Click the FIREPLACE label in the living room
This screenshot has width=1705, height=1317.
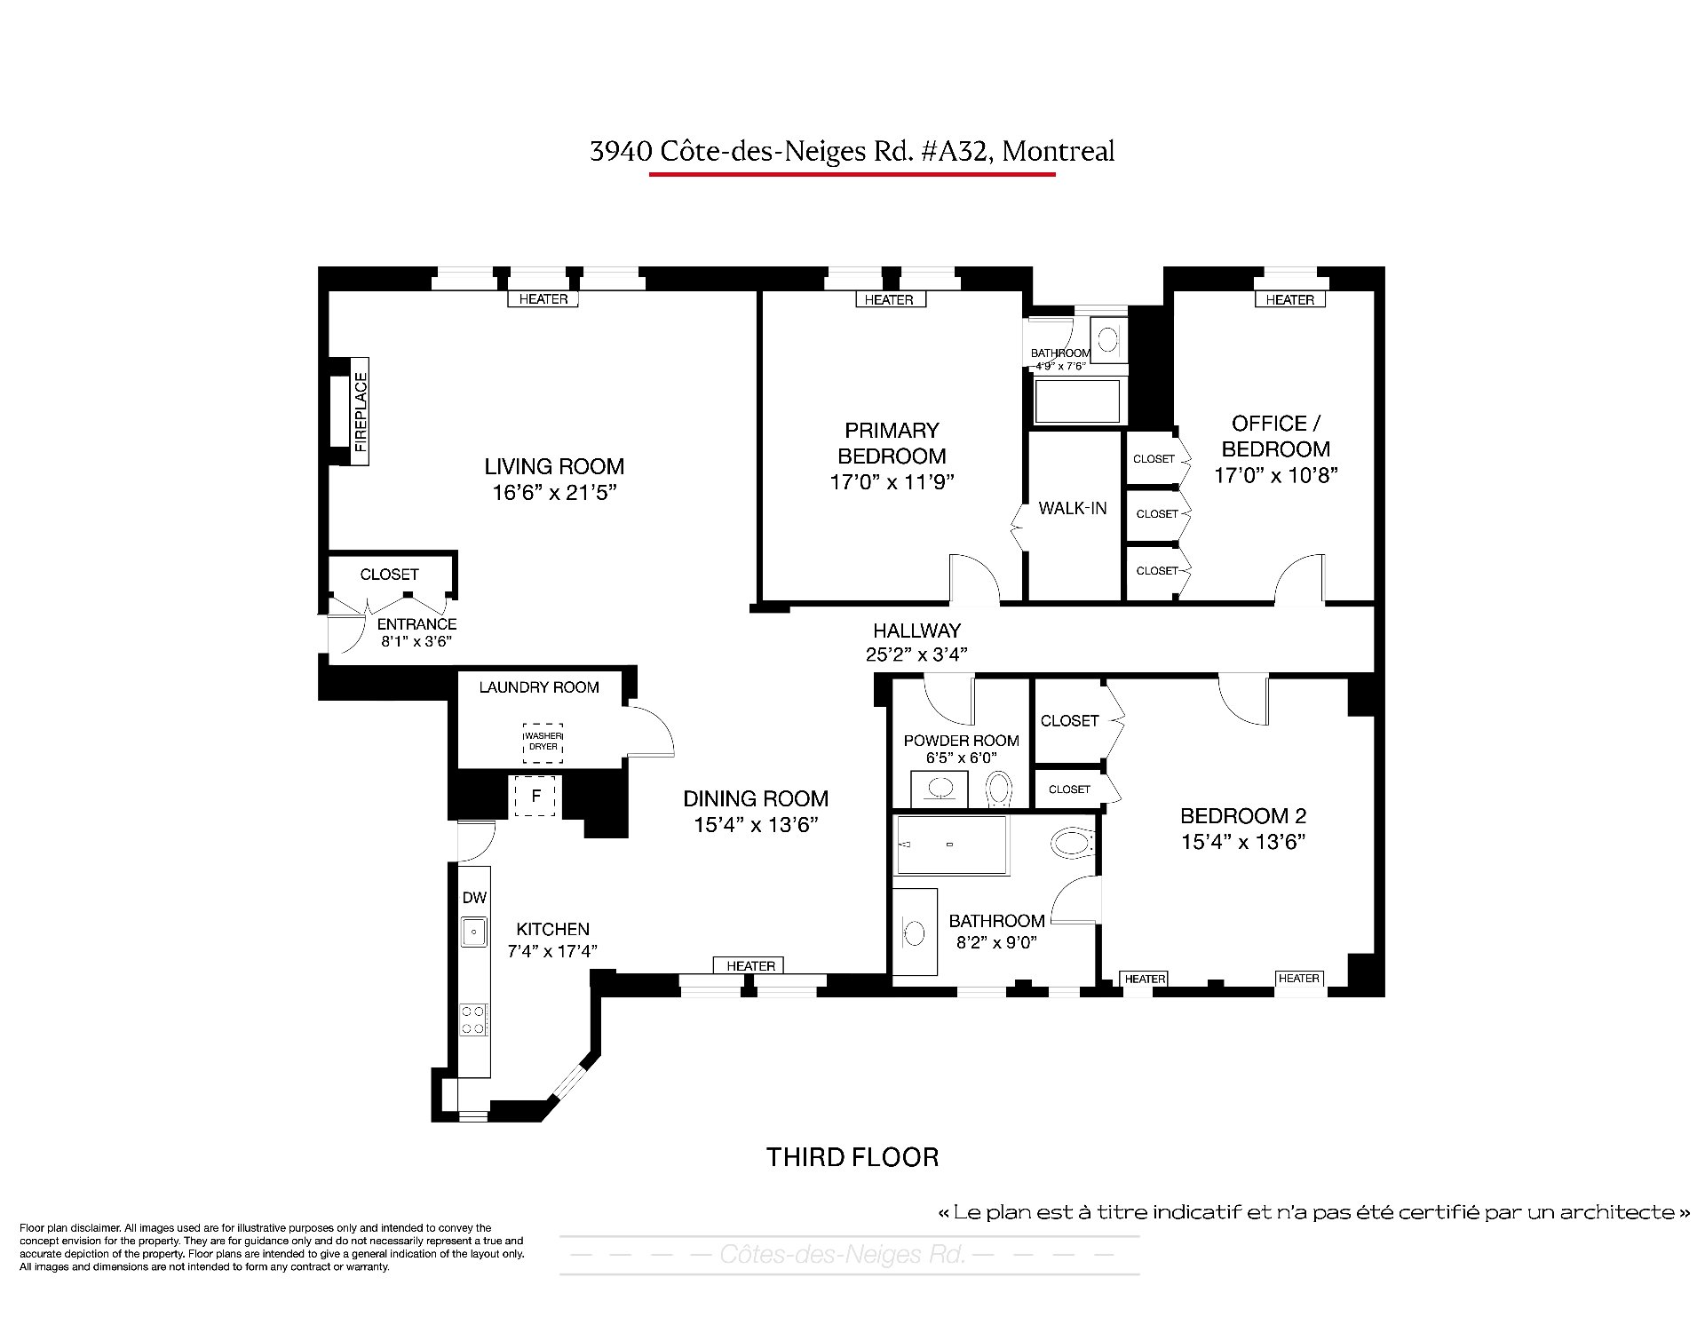click(x=361, y=412)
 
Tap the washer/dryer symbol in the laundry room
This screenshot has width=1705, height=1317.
click(x=543, y=742)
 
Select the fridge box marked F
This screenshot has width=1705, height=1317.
click(x=535, y=797)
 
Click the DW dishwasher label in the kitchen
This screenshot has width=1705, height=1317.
click(x=474, y=898)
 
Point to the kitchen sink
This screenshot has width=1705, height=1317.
click(x=474, y=931)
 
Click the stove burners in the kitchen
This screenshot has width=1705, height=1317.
click(x=473, y=1019)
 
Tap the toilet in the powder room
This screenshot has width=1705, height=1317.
click(x=1000, y=788)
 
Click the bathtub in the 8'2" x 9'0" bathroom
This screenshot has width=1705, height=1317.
click(x=951, y=845)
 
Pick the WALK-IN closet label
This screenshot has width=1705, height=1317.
click(x=1073, y=508)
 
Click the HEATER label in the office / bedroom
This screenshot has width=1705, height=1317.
click(x=1289, y=300)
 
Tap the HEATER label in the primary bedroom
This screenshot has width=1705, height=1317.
click(x=889, y=300)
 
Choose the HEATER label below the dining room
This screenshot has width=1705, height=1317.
click(x=751, y=965)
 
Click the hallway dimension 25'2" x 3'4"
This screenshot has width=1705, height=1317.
click(x=916, y=655)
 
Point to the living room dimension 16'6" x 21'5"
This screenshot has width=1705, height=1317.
click(x=555, y=493)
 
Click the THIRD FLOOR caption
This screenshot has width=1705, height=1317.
click(x=852, y=1157)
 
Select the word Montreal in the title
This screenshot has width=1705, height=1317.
click(x=1058, y=151)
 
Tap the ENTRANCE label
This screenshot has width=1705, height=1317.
click(x=416, y=624)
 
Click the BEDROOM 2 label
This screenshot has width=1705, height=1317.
click(x=1243, y=815)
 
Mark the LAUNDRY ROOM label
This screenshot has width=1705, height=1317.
click(x=539, y=687)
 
